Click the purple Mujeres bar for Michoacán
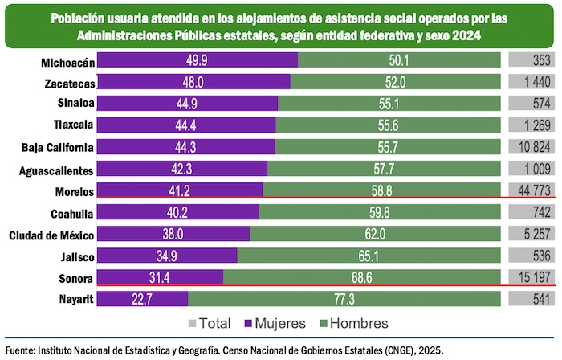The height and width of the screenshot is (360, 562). tap(198, 60)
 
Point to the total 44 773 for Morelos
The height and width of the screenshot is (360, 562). tap(530, 190)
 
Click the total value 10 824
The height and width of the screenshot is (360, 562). tap(530, 147)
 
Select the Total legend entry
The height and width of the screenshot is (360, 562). tap(210, 323)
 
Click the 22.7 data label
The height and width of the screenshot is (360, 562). tap(143, 299)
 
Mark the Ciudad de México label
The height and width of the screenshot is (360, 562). tap(52, 235)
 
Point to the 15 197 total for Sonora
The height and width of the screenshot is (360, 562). tap(530, 277)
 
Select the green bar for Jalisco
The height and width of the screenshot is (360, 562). tap(369, 256)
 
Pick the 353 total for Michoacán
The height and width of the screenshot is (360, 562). tap(540, 60)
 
